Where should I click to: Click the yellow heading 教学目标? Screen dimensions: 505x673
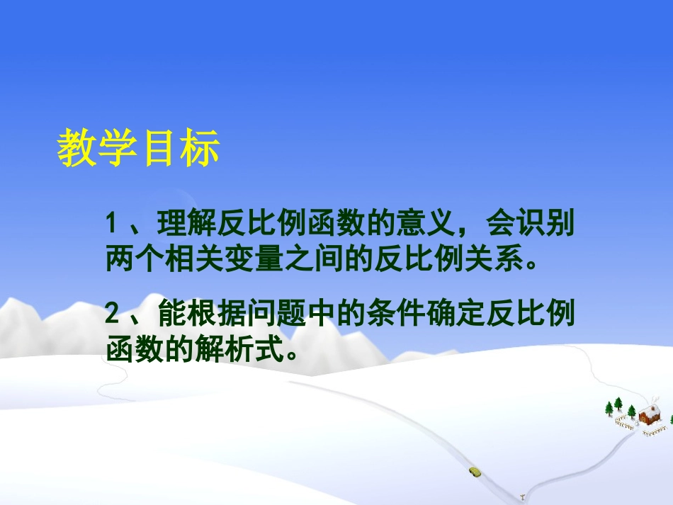click(x=138, y=148)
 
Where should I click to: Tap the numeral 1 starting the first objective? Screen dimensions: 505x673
click(x=111, y=226)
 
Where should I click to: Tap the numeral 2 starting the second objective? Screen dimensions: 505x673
click(x=111, y=313)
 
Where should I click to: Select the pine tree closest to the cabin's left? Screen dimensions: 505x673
click(x=632, y=412)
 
